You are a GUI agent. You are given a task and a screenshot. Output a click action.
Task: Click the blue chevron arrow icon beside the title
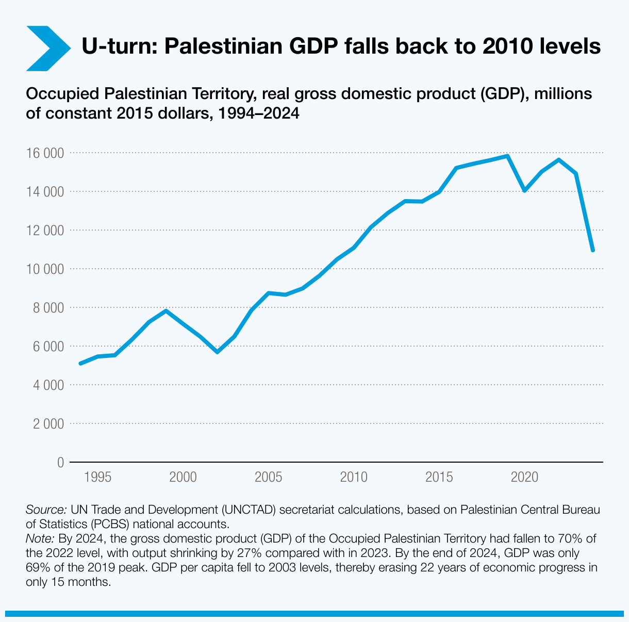(x=47, y=47)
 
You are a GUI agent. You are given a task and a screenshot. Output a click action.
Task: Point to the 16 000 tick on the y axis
(x=46, y=153)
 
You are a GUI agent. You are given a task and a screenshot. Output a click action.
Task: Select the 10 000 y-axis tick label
(x=46, y=269)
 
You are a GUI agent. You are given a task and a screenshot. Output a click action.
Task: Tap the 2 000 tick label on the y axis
(x=48, y=424)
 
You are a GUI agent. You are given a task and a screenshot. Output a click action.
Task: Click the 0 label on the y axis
(x=60, y=463)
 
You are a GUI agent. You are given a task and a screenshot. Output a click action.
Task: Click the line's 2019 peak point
(x=507, y=156)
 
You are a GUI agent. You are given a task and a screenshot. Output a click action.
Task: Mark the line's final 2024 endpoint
(x=593, y=250)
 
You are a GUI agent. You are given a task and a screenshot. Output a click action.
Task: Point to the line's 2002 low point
(x=217, y=352)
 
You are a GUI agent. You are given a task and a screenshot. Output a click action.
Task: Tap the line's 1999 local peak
(x=165, y=310)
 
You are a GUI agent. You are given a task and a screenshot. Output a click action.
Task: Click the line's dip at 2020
(x=524, y=190)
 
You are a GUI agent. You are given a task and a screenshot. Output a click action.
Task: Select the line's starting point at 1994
(x=80, y=364)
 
